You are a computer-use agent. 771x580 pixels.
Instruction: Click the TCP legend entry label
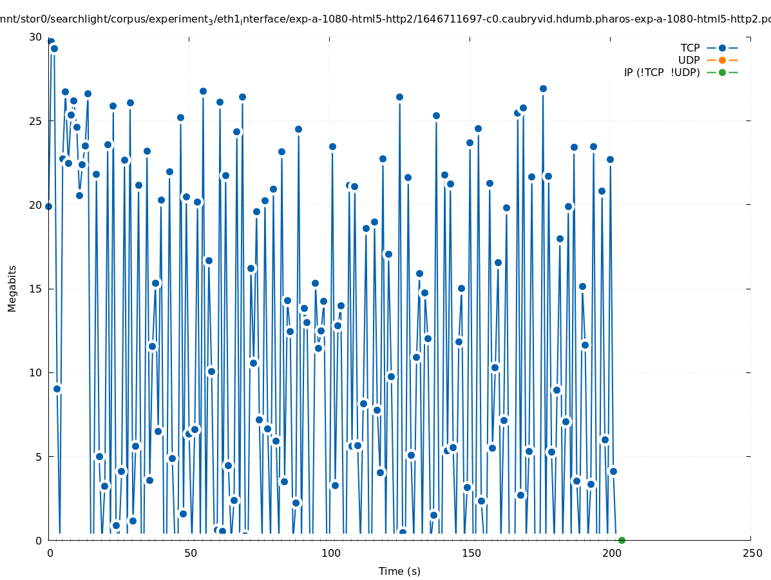pos(690,48)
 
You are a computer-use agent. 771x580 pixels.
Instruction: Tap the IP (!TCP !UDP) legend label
pos(662,72)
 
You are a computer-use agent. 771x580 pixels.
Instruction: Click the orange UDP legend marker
pos(722,60)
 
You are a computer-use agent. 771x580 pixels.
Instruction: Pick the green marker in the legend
pos(722,72)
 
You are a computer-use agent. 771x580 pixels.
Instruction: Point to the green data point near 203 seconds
pos(622,540)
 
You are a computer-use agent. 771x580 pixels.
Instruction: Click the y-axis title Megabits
pos(12,288)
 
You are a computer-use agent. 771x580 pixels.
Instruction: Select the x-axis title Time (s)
pos(399,571)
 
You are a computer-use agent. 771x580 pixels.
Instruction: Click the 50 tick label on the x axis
pos(190,553)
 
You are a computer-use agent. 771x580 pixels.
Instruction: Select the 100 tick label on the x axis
pos(330,553)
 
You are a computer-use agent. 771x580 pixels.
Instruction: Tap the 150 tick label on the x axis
pos(471,553)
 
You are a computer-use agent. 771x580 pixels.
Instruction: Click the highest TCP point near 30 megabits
pos(51,42)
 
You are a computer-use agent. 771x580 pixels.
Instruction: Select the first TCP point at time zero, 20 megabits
pos(48,206)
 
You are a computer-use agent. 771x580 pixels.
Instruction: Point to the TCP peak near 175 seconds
pos(543,88)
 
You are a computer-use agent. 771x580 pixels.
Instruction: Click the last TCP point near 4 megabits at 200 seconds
pos(613,471)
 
